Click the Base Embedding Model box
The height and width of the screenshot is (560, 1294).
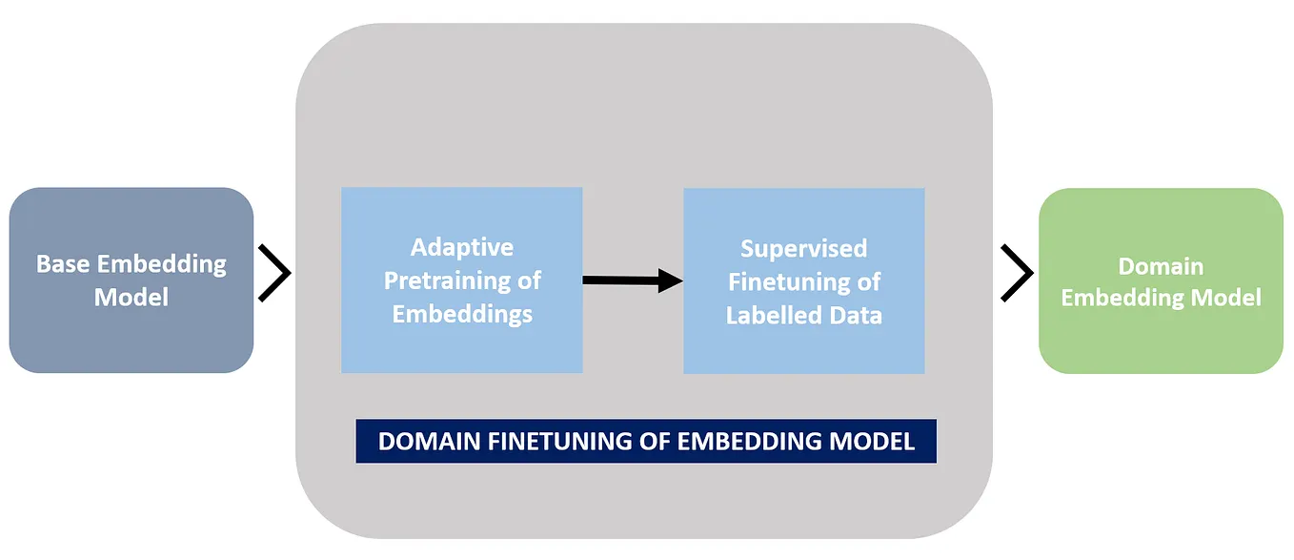pyautogui.click(x=131, y=280)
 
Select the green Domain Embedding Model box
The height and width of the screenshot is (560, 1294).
pyautogui.click(x=1161, y=280)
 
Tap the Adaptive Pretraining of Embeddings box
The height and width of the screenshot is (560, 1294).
pyautogui.click(x=461, y=280)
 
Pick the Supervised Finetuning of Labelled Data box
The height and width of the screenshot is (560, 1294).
pyautogui.click(x=803, y=280)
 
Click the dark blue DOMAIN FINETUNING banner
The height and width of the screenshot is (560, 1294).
pyautogui.click(x=646, y=442)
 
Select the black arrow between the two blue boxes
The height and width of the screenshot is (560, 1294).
pyautogui.click(x=633, y=280)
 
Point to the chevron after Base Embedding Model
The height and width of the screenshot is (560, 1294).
pyautogui.click(x=274, y=273)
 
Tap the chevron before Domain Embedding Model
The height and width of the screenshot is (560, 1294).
pyautogui.click(x=1017, y=273)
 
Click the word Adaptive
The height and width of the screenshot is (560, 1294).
pyautogui.click(x=462, y=248)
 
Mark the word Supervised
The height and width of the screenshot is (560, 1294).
pyautogui.click(x=804, y=249)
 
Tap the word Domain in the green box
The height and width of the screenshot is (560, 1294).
pyautogui.click(x=1161, y=266)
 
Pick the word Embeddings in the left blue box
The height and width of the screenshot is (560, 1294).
pyautogui.click(x=462, y=314)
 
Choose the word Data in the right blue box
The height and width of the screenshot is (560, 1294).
pyautogui.click(x=857, y=315)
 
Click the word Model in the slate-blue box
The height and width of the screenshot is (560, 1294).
pyautogui.click(x=131, y=297)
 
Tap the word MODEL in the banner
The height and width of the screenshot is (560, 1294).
pyautogui.click(x=874, y=442)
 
